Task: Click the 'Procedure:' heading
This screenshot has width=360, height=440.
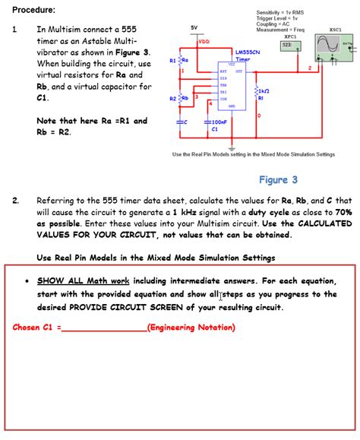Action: [x=33, y=10]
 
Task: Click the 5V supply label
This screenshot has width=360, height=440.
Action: [x=194, y=27]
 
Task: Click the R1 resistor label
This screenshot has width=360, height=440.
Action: [x=173, y=60]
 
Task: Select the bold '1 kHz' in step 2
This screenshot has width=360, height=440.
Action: [x=186, y=213]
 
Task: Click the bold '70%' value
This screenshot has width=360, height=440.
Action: [x=342, y=213]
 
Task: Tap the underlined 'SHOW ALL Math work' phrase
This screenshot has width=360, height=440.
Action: [x=84, y=280]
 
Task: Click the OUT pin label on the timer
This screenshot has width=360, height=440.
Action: [x=240, y=71]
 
